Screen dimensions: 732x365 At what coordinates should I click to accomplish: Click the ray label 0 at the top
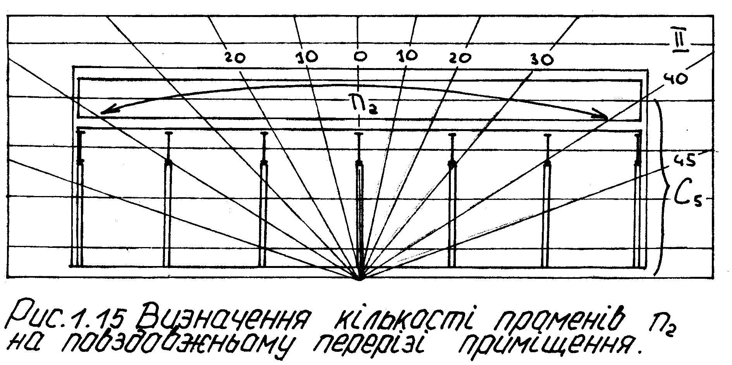tap(360, 57)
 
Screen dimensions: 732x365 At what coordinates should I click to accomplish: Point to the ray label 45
tap(684, 160)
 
